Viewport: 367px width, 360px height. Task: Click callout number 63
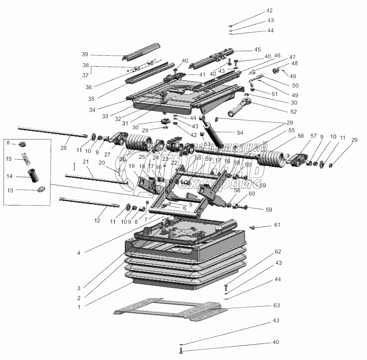click(276, 305)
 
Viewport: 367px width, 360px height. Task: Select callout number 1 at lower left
click(79, 306)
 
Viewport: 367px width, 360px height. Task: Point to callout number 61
click(277, 225)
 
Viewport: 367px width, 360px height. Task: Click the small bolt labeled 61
click(252, 227)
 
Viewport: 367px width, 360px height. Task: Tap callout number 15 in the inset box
click(9, 159)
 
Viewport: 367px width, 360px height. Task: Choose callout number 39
click(85, 54)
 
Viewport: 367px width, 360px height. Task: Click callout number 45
click(257, 49)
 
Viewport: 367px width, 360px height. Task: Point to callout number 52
click(293, 111)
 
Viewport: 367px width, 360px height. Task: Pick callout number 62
click(278, 251)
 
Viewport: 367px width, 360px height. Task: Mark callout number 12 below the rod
click(97, 220)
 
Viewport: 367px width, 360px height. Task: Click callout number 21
click(86, 161)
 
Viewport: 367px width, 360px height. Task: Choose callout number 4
click(79, 253)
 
